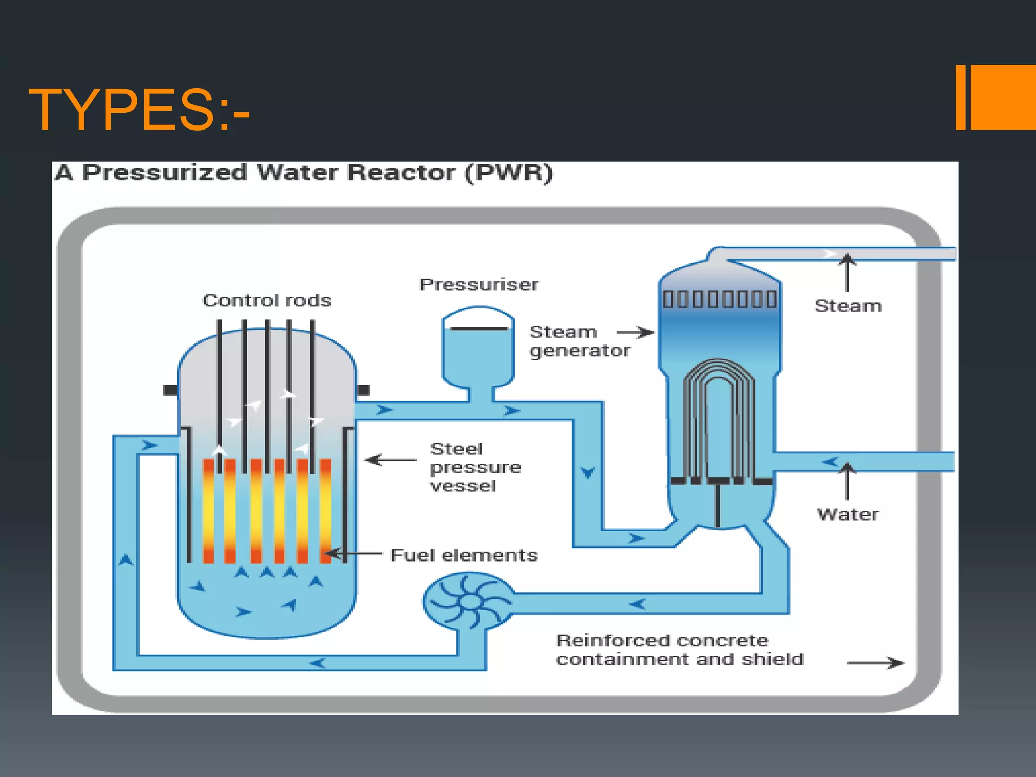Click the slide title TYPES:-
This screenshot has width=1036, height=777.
coord(139,110)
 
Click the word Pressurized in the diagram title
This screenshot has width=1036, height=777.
coord(164,173)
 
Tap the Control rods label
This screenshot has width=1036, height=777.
coord(267,300)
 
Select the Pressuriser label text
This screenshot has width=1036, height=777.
coord(479,285)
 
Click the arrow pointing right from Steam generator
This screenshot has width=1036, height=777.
coord(635,332)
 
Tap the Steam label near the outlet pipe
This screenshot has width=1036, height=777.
coord(848,306)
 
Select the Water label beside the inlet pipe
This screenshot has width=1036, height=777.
coord(848,514)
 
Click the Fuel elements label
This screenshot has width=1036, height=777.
coord(464,555)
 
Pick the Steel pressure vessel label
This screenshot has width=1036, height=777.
coord(474,467)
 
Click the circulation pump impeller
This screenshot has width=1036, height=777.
coord(469,601)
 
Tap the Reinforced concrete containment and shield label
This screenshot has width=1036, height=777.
coord(679,650)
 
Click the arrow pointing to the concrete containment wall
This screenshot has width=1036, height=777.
coord(876,663)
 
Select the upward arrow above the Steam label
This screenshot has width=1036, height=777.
coord(847,273)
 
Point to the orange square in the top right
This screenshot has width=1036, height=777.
coord(1003,97)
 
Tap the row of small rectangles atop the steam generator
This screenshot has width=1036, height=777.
coord(720,299)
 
